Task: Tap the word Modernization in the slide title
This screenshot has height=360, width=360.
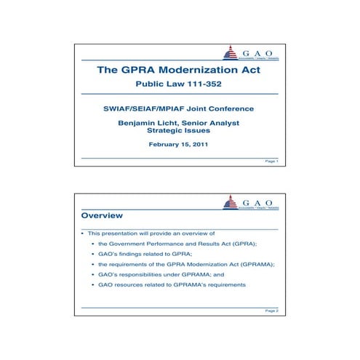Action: (x=197, y=72)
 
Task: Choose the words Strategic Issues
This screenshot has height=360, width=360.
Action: (x=178, y=132)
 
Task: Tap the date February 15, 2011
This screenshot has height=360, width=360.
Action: (x=178, y=145)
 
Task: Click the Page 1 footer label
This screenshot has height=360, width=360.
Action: (x=271, y=161)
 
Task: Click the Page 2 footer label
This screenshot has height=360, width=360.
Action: (x=271, y=310)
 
